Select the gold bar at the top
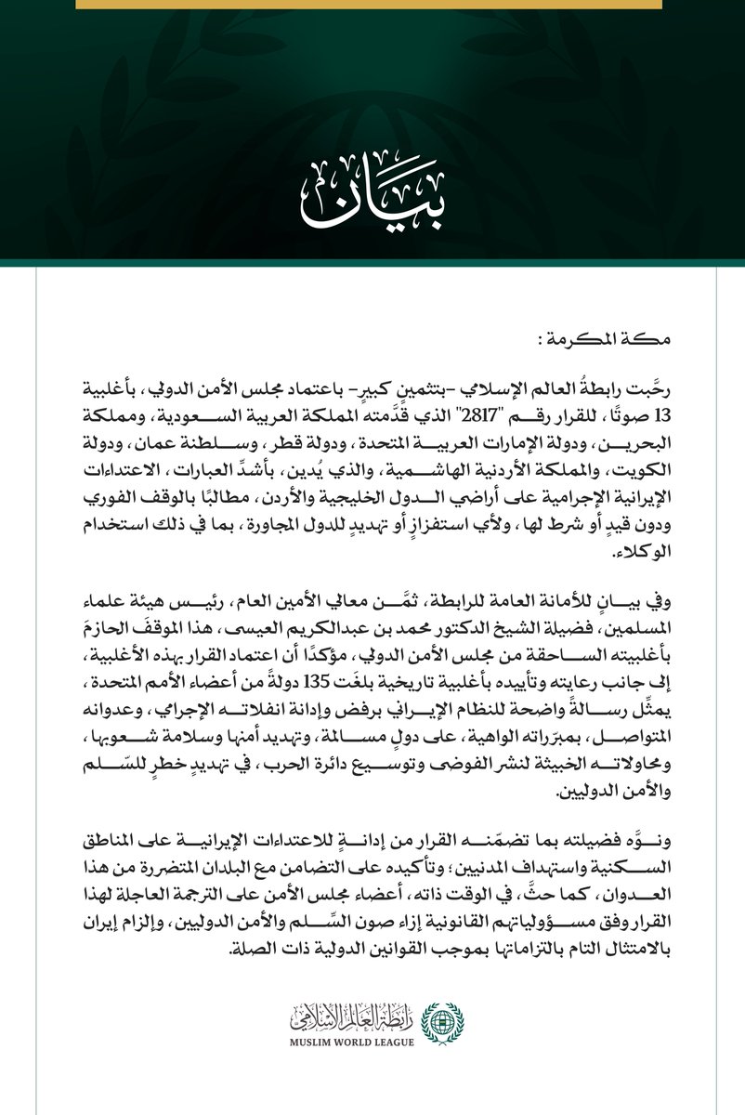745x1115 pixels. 372,5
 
